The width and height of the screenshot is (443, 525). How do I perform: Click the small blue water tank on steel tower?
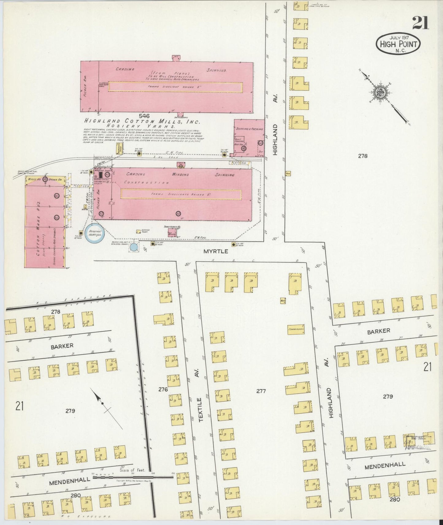[x=134, y=247]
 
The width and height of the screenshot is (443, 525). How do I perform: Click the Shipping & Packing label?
[x=249, y=129]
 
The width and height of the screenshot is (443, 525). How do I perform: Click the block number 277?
[x=261, y=391]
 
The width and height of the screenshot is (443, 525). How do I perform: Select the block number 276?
[x=163, y=390]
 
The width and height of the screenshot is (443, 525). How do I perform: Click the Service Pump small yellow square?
[x=138, y=231]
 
